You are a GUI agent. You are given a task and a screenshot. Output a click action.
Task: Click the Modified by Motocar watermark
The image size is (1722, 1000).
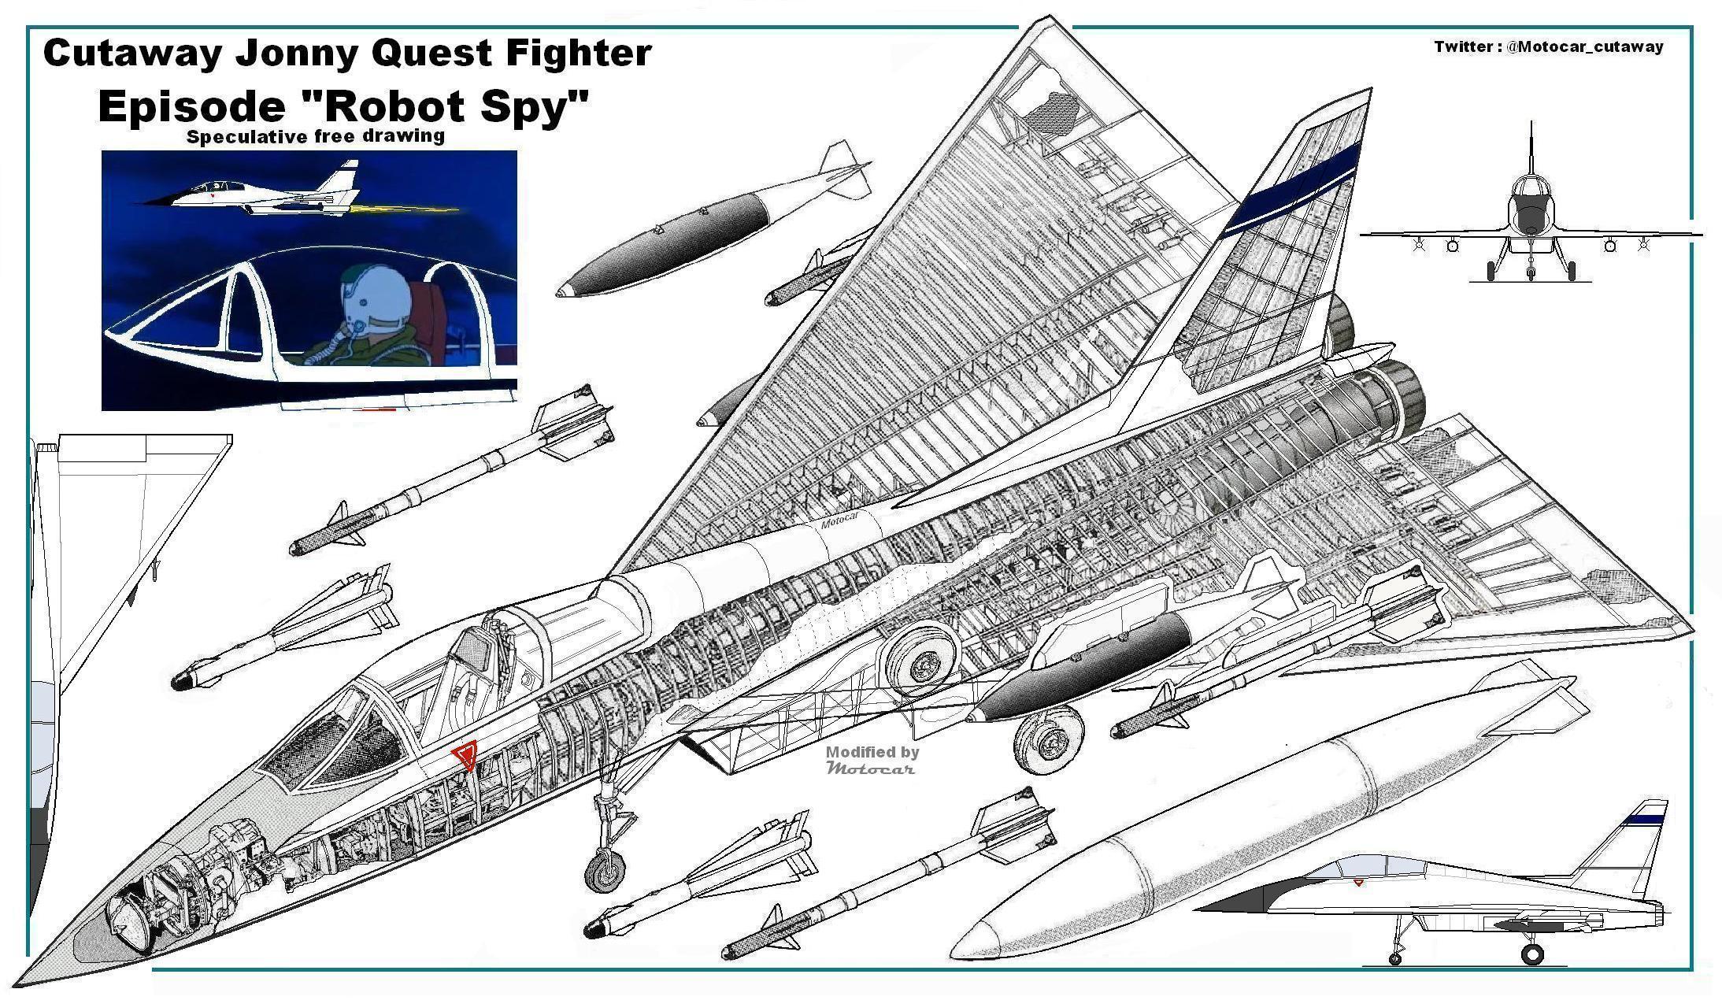coord(872,759)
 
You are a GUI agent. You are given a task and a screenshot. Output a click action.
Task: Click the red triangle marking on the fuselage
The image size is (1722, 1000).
coord(465,756)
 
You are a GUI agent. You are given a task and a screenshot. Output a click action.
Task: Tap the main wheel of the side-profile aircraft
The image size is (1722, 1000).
coord(1531,954)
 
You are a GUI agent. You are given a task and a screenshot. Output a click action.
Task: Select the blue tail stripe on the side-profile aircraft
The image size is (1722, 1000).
coord(1644,820)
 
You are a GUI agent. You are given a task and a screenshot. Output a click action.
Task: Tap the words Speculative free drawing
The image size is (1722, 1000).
coord(315,136)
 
